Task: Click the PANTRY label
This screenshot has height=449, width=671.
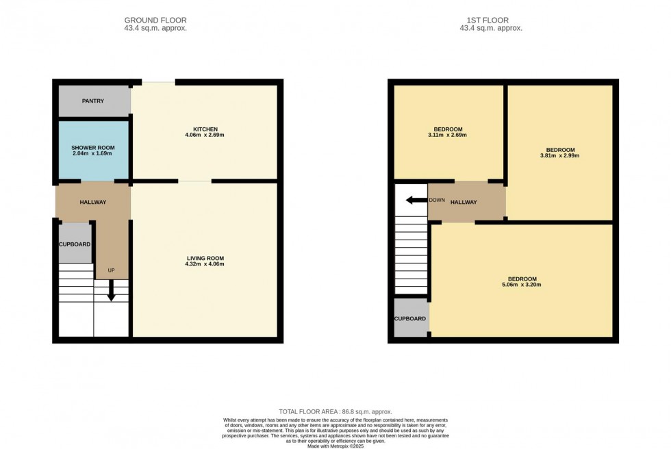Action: (x=93, y=101)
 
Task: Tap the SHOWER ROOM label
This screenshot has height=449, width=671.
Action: (x=93, y=148)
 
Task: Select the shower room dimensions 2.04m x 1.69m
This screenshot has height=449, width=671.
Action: (x=93, y=154)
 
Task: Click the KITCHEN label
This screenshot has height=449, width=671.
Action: (x=205, y=129)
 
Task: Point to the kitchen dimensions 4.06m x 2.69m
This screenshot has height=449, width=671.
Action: (x=205, y=135)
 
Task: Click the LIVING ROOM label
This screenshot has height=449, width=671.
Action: (x=205, y=258)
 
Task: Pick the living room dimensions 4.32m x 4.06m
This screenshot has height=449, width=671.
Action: (x=205, y=264)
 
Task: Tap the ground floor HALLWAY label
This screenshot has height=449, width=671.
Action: (x=93, y=202)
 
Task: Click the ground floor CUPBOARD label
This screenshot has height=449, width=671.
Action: (x=75, y=243)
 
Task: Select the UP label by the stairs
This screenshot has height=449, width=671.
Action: (x=111, y=270)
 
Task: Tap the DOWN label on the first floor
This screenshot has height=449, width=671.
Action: (x=437, y=201)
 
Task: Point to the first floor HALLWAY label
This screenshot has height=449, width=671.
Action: (x=464, y=202)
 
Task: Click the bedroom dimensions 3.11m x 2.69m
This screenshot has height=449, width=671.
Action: (x=448, y=135)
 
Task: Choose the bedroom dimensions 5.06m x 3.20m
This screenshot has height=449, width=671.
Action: (x=522, y=285)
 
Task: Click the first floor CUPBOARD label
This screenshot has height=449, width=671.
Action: (x=410, y=318)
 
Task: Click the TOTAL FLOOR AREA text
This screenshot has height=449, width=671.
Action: (x=335, y=411)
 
